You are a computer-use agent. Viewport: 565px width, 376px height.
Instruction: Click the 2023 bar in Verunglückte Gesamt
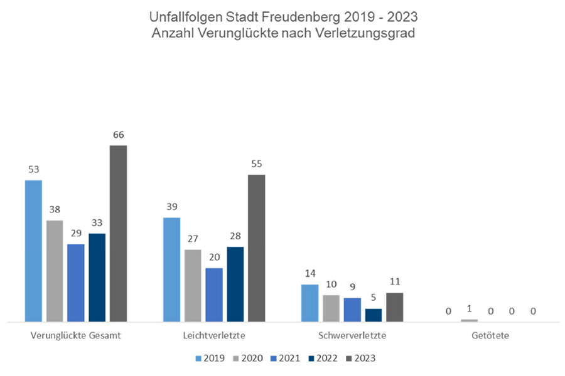point(118,233)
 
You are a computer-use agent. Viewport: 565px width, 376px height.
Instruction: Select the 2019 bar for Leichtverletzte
point(171,269)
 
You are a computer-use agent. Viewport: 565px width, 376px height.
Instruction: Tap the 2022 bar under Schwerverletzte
point(373,315)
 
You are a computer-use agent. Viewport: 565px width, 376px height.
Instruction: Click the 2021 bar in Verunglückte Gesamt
point(75,283)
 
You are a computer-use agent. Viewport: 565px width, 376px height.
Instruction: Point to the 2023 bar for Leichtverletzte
point(257,248)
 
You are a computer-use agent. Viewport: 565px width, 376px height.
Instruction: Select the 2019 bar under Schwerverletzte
point(309,303)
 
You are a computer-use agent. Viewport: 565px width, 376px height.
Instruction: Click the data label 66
point(118,135)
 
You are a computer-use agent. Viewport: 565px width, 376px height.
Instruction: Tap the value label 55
point(257,164)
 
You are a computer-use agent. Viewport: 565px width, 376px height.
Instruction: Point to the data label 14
point(309,273)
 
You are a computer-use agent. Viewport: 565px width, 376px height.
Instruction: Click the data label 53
point(33,169)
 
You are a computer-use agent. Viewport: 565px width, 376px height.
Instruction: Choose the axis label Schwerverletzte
point(352,335)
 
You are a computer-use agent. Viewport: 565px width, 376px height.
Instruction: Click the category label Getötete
point(490,335)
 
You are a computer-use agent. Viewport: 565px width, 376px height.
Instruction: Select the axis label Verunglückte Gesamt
point(75,335)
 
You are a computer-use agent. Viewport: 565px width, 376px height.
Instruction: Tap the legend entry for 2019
point(212,358)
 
